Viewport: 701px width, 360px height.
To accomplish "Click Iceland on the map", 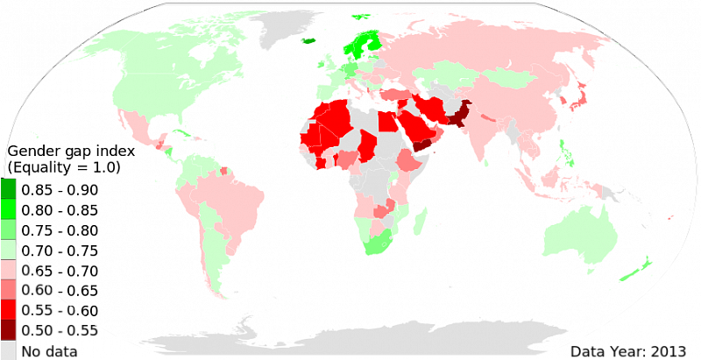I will point(308,40).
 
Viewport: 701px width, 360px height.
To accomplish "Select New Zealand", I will point(639,270).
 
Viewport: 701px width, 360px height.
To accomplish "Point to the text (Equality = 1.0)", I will point(64,167).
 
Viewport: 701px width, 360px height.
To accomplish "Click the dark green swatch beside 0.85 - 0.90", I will point(7,190).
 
